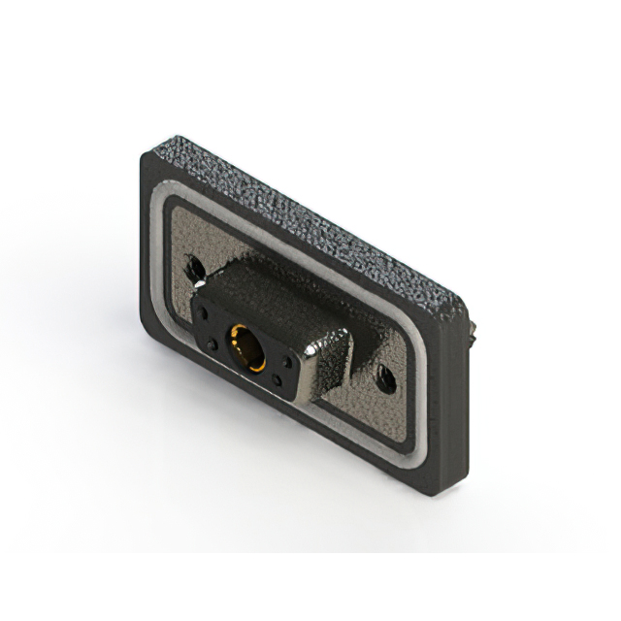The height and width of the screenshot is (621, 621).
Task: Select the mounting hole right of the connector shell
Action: (x=385, y=378)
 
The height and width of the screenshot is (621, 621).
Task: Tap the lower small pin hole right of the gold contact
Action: (x=278, y=381)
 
